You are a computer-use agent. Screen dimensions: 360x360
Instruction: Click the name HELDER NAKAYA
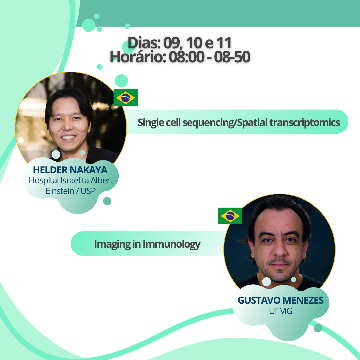(x=70, y=170)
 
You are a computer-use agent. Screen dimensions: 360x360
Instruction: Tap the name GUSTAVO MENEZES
(x=281, y=300)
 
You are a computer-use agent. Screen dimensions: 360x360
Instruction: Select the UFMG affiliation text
(x=281, y=311)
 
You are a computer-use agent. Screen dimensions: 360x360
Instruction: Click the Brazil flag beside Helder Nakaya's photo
(x=126, y=98)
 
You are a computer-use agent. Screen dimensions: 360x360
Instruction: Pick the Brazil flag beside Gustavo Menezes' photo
(x=230, y=216)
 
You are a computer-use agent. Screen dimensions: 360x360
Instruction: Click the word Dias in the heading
(x=144, y=43)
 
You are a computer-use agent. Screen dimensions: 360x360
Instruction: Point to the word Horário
(x=138, y=57)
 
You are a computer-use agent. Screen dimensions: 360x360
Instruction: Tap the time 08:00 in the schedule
(x=186, y=57)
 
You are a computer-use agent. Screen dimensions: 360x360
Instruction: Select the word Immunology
(x=172, y=244)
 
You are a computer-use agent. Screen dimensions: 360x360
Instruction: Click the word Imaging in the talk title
(x=112, y=244)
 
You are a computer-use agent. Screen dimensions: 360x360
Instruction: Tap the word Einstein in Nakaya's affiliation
(x=60, y=191)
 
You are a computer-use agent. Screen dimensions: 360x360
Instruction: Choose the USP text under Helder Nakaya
(x=88, y=191)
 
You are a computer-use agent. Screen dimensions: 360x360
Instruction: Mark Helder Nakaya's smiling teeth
(x=68, y=137)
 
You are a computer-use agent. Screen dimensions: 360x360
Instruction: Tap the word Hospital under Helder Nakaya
(x=44, y=180)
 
